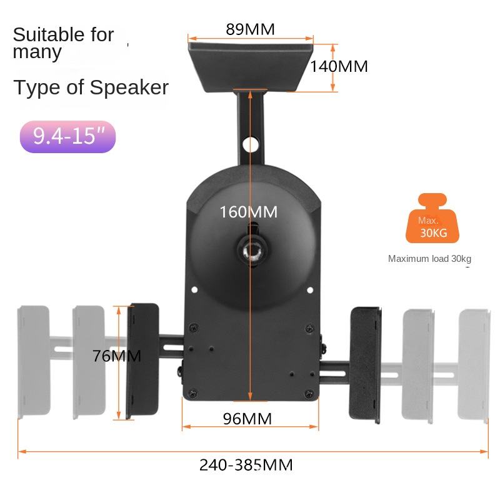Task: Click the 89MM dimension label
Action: pos(250,29)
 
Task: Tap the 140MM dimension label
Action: pos(339,66)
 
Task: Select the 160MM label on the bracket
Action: pos(248,212)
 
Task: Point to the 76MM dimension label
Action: pos(116,356)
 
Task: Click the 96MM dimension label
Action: pos(247,419)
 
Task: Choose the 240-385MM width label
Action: pos(246,465)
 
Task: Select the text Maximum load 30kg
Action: pos(429,259)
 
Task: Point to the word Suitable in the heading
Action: pos(46,35)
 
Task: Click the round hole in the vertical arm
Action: pos(252,143)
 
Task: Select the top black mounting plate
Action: pos(250,62)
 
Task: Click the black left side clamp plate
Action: pos(143,361)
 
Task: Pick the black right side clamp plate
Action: pos(366,364)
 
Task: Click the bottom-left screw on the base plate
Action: pos(193,393)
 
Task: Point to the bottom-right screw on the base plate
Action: pos(308,392)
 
